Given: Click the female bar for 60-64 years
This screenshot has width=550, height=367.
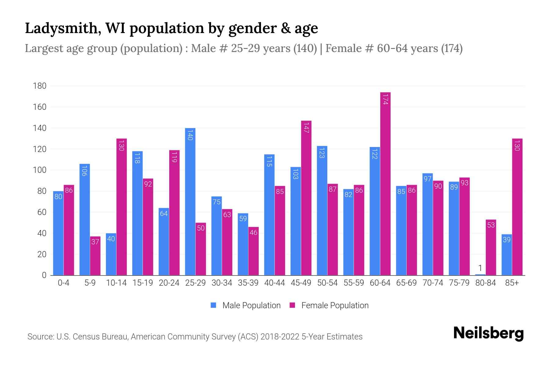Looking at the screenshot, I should coord(385,183).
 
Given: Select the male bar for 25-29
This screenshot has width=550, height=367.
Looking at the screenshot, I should coord(190,202).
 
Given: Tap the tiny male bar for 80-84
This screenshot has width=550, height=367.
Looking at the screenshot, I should coord(480,274).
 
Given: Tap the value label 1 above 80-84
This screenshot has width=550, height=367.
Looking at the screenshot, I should coord(480,268).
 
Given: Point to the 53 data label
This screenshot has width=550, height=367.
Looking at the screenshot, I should coord(491,225).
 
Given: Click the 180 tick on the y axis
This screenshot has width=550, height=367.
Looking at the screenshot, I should coord(40,86).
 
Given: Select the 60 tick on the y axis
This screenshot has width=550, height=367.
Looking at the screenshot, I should coord(42,212).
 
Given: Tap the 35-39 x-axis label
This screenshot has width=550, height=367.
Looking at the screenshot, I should coord(248,283).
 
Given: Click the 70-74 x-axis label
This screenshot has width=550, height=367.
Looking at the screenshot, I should coord(433,283).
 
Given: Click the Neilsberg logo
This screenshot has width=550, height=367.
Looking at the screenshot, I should coord(488,334).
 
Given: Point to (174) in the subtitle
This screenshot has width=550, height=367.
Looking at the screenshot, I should coord(452,48).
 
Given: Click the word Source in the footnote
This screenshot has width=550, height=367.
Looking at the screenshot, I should coord(40,337).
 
